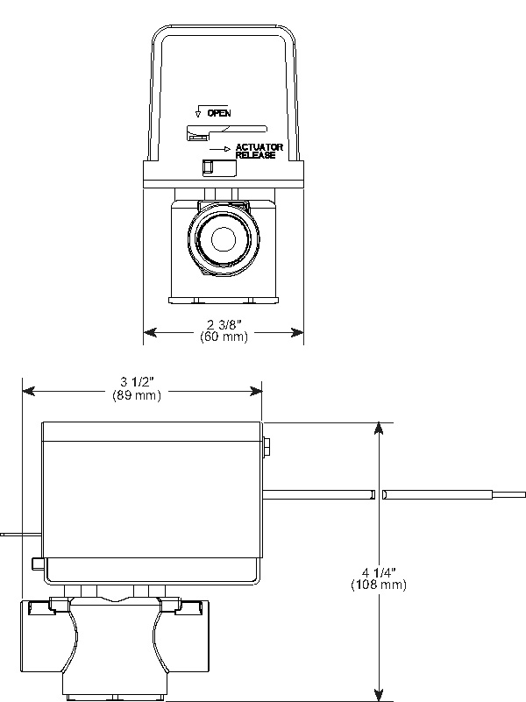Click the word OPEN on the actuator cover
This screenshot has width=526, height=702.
pos(219,113)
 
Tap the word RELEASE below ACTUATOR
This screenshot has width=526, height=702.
pos(255,155)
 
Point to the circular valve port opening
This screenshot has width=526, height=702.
pos(224,238)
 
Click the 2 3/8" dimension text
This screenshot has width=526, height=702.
pos(224,326)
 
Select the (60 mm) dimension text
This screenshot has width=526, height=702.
pos(224,337)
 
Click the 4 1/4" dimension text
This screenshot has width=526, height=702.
pos(379,571)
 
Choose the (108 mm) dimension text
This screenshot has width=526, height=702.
pos(379,584)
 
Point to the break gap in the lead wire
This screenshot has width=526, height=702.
pos(379,495)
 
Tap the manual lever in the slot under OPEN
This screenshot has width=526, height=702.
pos(197,135)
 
